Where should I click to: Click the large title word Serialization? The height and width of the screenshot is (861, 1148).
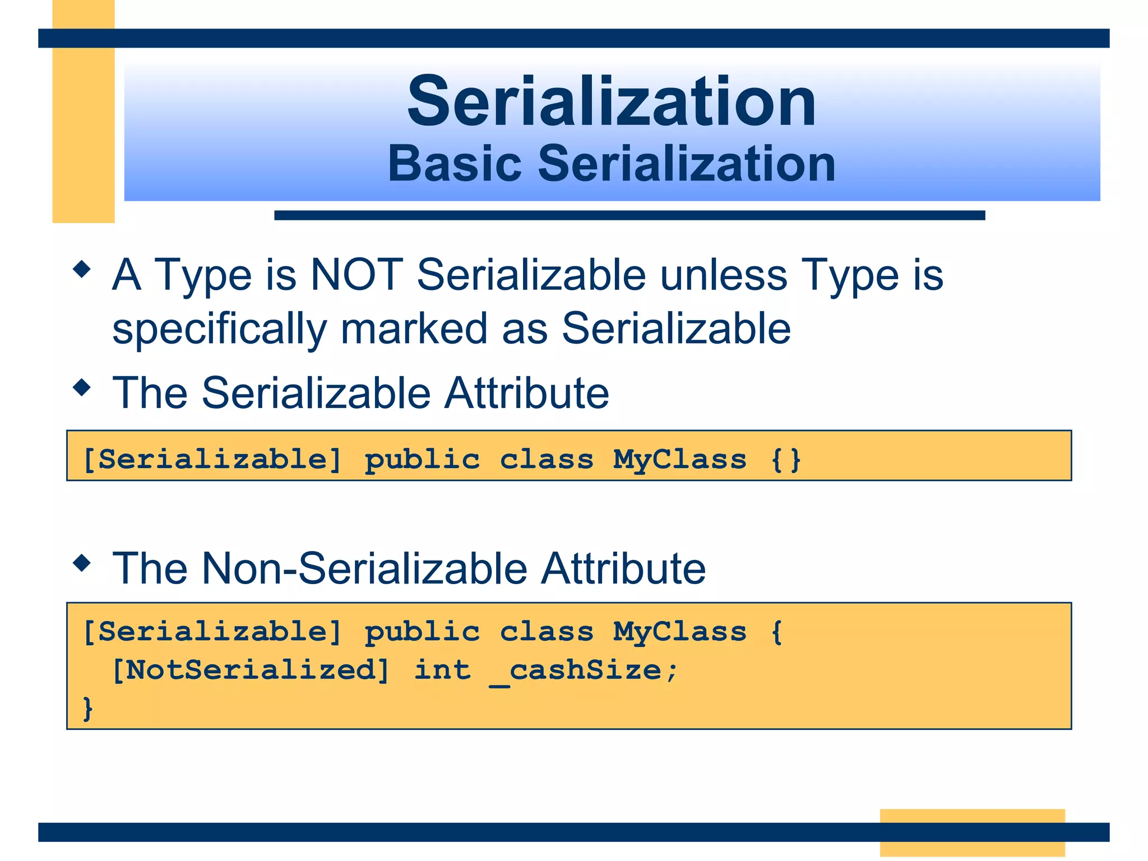[x=612, y=102]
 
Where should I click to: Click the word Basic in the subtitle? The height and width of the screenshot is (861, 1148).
[x=455, y=164]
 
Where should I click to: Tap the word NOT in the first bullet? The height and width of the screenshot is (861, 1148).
[x=357, y=275]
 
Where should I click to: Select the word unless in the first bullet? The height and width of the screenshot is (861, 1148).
[x=723, y=275]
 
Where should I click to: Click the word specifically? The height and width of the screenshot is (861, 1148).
[x=219, y=330]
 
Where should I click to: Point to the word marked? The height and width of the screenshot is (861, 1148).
[x=414, y=328]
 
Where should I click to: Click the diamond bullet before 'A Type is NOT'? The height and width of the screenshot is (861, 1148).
[x=82, y=269]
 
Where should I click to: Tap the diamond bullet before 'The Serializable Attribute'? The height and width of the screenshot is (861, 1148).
[x=82, y=387]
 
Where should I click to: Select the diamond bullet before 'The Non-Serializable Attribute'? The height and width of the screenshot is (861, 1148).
[x=82, y=563]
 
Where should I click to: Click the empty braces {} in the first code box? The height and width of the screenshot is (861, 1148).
[x=786, y=460]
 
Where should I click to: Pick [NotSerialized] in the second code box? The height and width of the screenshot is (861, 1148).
[x=250, y=670]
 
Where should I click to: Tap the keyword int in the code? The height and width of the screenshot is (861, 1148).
[x=442, y=670]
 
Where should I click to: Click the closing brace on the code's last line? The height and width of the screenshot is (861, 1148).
[x=87, y=709]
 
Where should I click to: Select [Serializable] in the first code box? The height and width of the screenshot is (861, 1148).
[x=212, y=460]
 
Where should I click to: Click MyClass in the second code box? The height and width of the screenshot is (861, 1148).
[x=679, y=632]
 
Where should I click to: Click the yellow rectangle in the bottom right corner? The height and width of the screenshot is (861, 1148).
[x=972, y=832]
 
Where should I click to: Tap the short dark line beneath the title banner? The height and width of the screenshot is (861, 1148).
[x=629, y=215]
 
